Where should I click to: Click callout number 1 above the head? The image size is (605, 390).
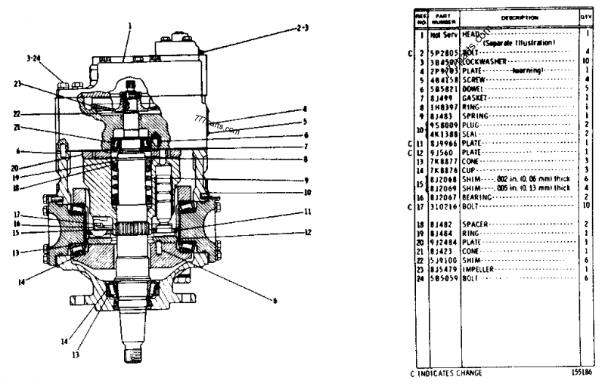[130, 25]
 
